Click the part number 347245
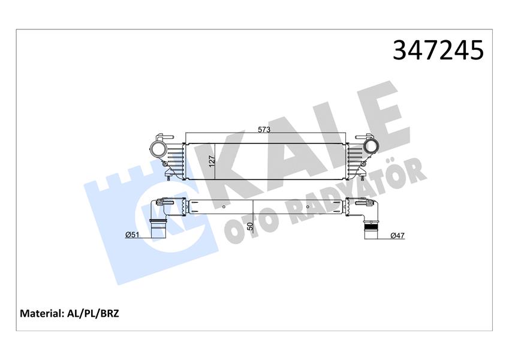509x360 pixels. coord(438,50)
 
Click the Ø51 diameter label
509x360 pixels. coord(132,235)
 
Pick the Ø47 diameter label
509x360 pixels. coord(397,236)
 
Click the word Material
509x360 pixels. coord(41,313)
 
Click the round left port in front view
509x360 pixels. coord(159,149)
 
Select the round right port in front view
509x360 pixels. coord(371,148)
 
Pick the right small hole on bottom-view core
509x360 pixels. coord(308,208)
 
